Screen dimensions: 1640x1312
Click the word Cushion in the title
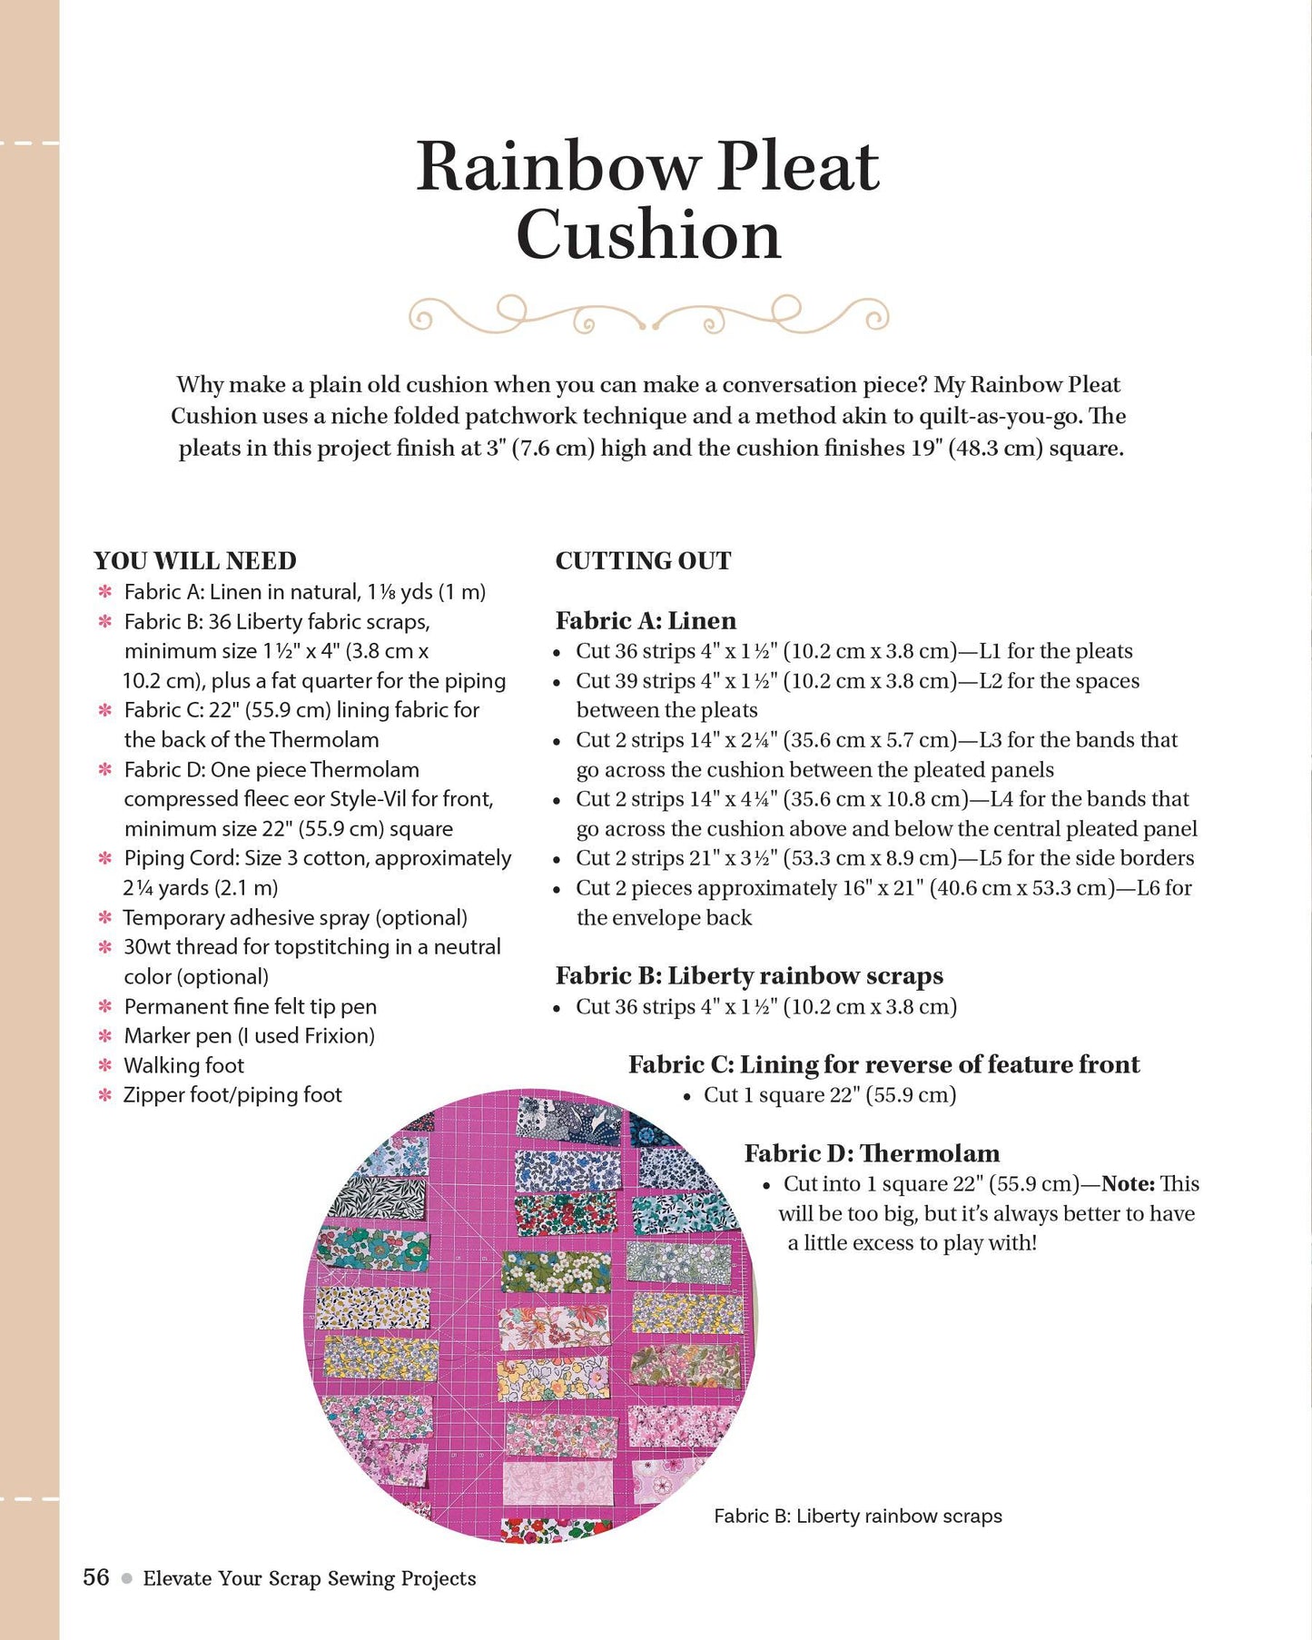pyautogui.click(x=648, y=235)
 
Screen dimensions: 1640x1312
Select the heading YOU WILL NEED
pyautogui.click(x=195, y=561)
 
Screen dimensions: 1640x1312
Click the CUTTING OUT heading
pyautogui.click(x=643, y=561)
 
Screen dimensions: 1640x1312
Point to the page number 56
pyautogui.click(x=95, y=1576)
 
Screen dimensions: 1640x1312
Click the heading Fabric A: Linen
pyautogui.click(x=646, y=621)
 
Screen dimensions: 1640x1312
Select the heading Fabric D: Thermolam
pyautogui.click(x=872, y=1153)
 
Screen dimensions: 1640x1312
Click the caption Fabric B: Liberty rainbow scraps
pyautogui.click(x=858, y=1516)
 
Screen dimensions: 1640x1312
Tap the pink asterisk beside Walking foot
pyautogui.click(x=105, y=1065)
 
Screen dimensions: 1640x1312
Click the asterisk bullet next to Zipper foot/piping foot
pyautogui.click(x=105, y=1095)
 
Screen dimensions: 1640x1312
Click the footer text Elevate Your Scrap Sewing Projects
pyautogui.click(x=310, y=1578)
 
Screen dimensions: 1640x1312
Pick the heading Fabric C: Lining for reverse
pyautogui.click(x=883, y=1064)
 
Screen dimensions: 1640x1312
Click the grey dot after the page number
pyautogui.click(x=126, y=1578)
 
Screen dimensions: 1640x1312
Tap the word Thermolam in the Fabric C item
pyautogui.click(x=324, y=740)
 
